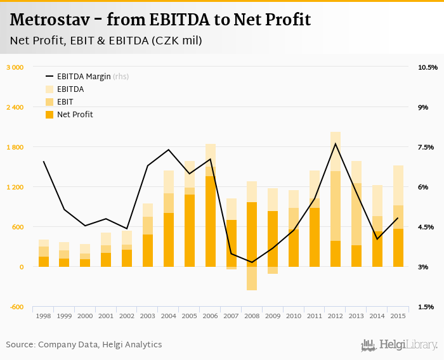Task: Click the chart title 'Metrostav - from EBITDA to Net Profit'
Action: (x=160, y=20)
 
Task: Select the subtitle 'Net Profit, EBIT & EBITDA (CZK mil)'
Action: (x=106, y=41)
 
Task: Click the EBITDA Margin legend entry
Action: (x=92, y=77)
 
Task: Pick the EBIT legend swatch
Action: (x=50, y=102)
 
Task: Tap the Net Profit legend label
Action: (x=75, y=115)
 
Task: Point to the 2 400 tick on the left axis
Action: (x=15, y=107)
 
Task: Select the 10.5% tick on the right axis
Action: (x=428, y=67)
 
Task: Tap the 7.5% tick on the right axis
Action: (x=426, y=147)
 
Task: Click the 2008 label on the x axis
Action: (x=252, y=316)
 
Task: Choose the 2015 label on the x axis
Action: (x=398, y=316)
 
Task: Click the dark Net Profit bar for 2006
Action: (x=211, y=221)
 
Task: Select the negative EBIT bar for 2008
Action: (x=252, y=278)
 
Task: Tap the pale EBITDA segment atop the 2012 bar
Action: (x=336, y=151)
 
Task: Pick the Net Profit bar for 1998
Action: (x=44, y=261)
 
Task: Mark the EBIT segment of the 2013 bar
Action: (x=356, y=214)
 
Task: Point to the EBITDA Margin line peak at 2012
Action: (x=336, y=144)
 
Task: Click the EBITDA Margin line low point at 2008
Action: (x=252, y=262)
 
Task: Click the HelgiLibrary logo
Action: (x=400, y=345)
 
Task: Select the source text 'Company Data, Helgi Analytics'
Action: (x=100, y=345)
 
